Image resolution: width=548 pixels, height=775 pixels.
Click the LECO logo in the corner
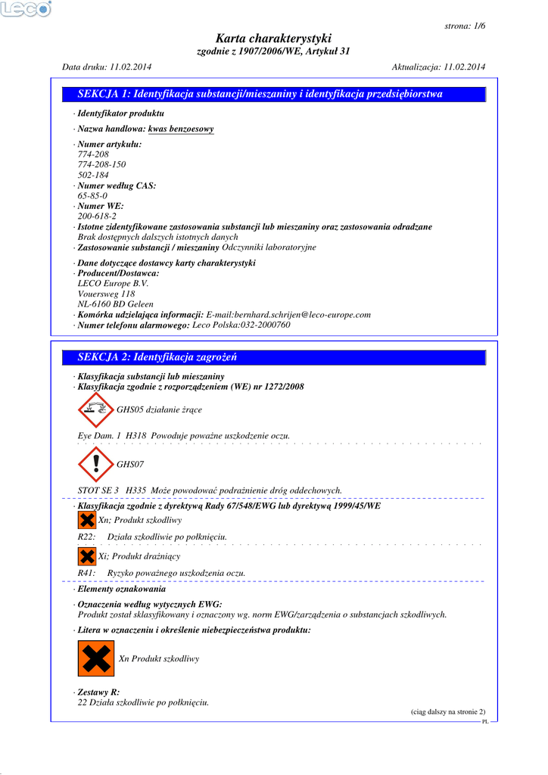coord(26,9)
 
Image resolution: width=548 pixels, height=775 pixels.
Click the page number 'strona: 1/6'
coord(465,26)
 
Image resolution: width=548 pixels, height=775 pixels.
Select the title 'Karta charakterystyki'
coord(273,39)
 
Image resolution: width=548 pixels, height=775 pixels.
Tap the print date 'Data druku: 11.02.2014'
coord(107,67)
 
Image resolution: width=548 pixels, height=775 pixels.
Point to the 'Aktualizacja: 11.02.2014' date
coord(438,67)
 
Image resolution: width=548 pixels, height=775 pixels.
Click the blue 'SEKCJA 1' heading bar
coord(274,95)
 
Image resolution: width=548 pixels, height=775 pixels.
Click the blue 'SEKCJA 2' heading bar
coord(274,357)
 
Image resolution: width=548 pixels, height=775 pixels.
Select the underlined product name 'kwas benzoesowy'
coord(181,129)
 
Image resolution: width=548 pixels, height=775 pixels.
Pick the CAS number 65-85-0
coord(92,195)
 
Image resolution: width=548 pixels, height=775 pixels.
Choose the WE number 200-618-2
coord(97,216)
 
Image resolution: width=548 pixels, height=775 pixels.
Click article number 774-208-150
coord(102,164)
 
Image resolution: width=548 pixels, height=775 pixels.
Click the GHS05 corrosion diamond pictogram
coord(95,409)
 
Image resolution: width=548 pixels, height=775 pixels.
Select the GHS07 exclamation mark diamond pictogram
coord(95,465)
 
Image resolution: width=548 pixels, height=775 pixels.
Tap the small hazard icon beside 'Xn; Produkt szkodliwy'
coord(87,520)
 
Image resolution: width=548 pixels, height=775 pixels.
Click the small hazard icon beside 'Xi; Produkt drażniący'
coord(87,556)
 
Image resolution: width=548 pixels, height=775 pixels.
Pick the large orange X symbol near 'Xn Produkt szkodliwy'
coord(96,658)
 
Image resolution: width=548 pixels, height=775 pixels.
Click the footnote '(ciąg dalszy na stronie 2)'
coord(448,711)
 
